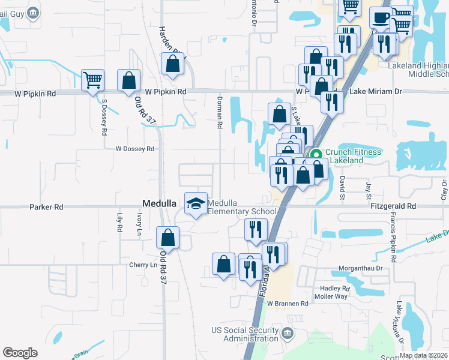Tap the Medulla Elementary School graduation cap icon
[196, 204]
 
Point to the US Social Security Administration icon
[287, 333]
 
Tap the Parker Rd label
[46, 207]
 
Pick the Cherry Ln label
[142, 265]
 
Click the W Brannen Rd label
[288, 304]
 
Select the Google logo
[20, 353]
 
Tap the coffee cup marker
[379, 18]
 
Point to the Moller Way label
[331, 296]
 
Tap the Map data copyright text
[423, 355]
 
